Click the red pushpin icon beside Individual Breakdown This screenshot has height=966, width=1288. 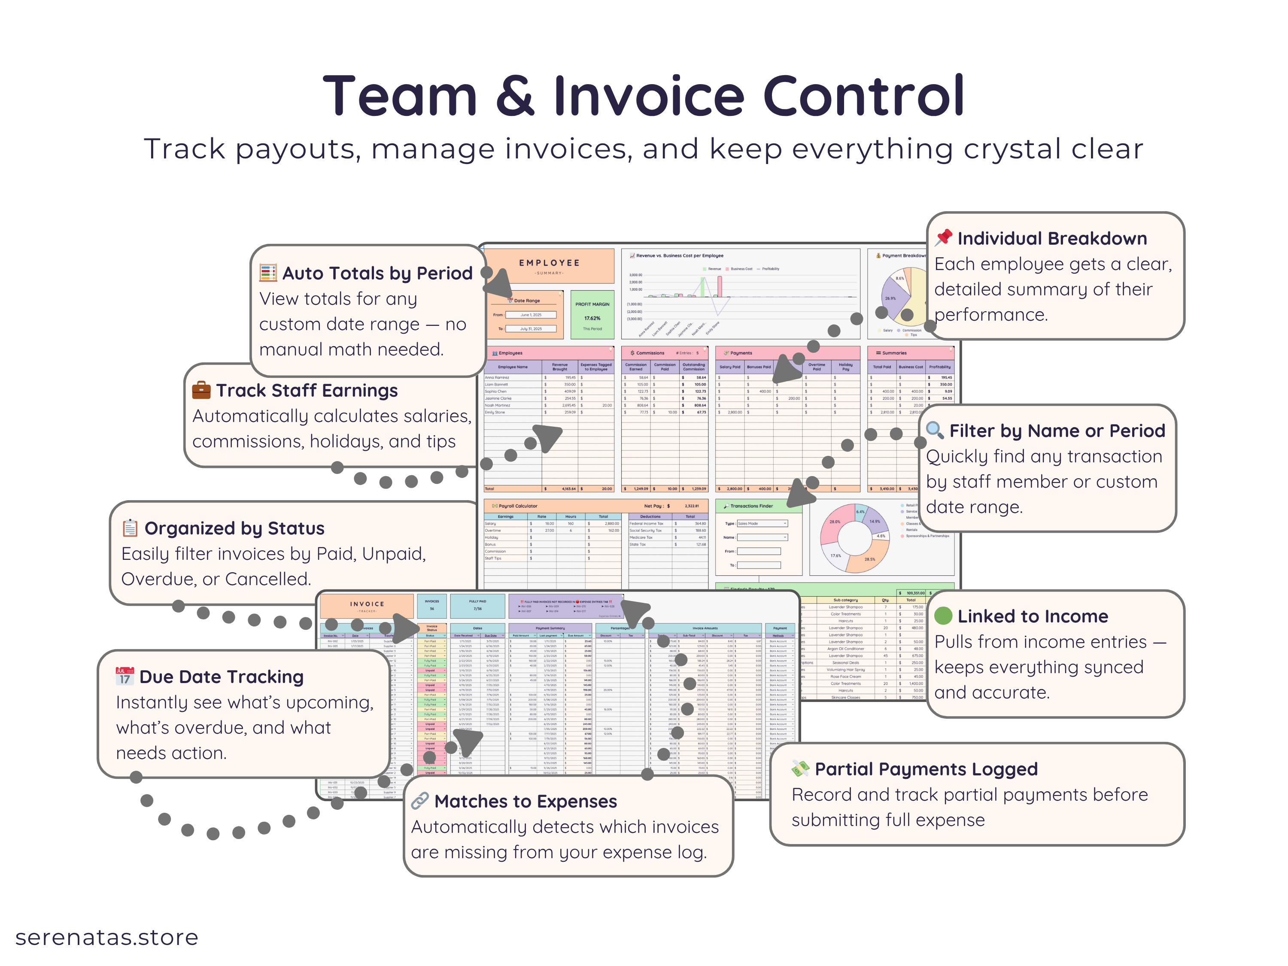click(x=944, y=237)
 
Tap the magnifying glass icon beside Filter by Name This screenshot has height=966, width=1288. click(x=935, y=430)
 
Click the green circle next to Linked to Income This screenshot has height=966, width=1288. click(x=943, y=616)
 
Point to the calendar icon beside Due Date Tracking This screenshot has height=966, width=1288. click(x=125, y=676)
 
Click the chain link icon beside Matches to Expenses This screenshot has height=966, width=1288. click(x=420, y=801)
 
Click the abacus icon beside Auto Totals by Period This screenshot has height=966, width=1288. click(x=268, y=273)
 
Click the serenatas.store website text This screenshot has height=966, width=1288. click(x=106, y=938)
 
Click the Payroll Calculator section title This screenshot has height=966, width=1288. click(x=518, y=506)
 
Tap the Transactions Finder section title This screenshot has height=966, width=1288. click(x=751, y=506)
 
